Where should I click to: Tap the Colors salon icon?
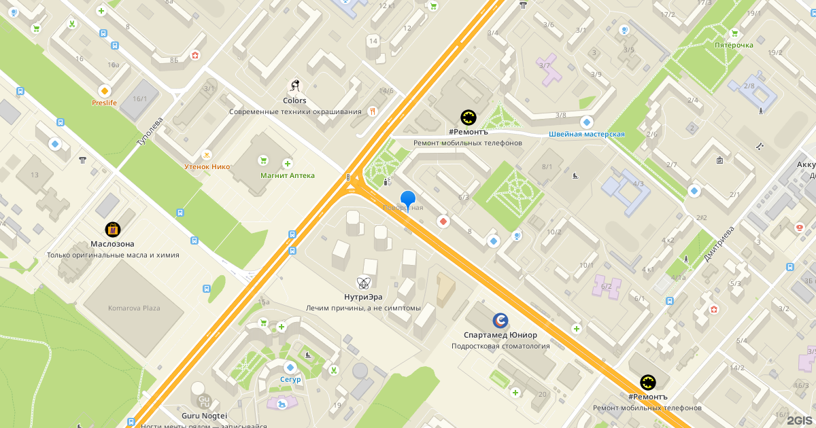[295, 87]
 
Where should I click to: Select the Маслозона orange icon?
[112, 230]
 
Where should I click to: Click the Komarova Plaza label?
[134, 308]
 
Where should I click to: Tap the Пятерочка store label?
[734, 45]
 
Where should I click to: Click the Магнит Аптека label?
[288, 175]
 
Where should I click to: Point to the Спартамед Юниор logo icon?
[500, 320]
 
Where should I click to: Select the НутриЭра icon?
[364, 283]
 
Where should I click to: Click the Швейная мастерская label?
[587, 135]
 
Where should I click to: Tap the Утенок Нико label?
[207, 166]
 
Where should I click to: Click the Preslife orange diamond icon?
[104, 90]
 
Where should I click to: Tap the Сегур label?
[290, 379]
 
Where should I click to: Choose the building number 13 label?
[34, 175]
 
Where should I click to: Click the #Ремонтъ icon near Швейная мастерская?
[469, 118]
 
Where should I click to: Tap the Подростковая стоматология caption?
[500, 346]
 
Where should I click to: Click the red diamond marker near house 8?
[443, 221]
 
